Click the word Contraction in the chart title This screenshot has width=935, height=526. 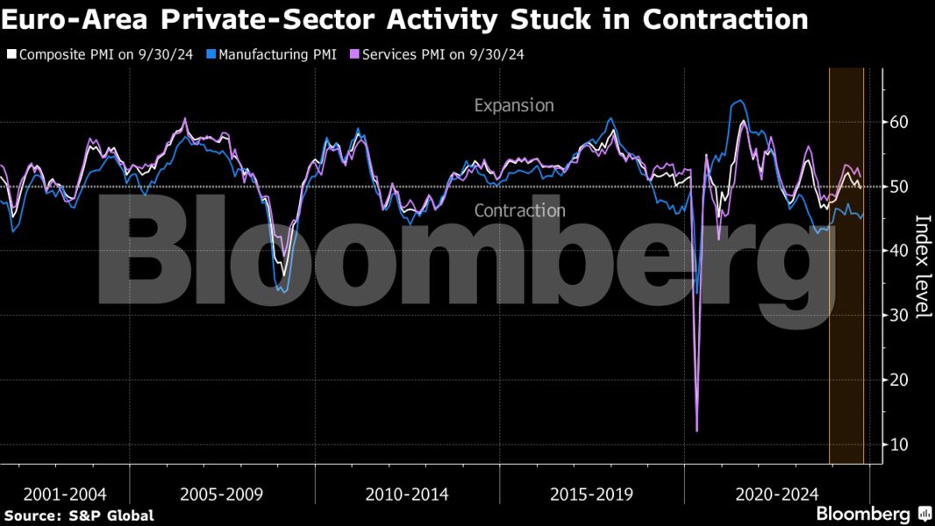tap(725, 19)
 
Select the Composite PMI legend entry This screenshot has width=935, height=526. tap(104, 54)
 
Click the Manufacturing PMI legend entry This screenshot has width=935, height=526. tap(277, 54)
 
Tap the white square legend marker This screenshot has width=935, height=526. tap(11, 54)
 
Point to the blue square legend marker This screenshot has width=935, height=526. tap(211, 54)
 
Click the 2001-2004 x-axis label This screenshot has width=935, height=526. tap(66, 494)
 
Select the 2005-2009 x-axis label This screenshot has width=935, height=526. tap(221, 494)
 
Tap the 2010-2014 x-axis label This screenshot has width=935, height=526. tap(406, 494)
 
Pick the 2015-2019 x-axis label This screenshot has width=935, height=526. tap(591, 494)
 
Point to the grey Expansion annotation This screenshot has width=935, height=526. tap(514, 105)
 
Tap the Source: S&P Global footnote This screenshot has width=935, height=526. tap(79, 515)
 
